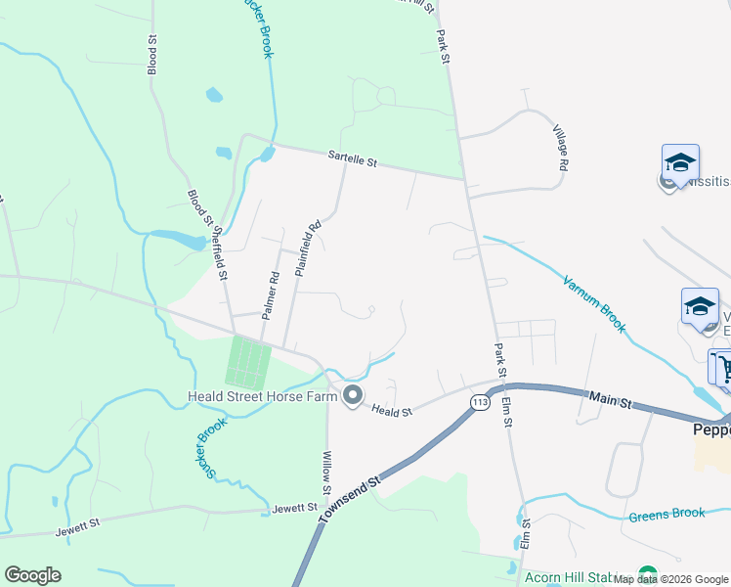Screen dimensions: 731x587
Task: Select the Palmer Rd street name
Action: pyautogui.click(x=273, y=292)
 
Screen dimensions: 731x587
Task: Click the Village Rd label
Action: pyautogui.click(x=559, y=149)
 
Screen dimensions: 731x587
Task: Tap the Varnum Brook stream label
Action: pyautogui.click(x=594, y=304)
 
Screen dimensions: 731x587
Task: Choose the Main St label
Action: pyautogui.click(x=613, y=397)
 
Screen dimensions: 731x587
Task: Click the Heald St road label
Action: pyautogui.click(x=393, y=413)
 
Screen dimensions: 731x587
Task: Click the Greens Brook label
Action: pyautogui.click(x=667, y=516)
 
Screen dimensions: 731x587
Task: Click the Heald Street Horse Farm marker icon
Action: pyautogui.click(x=353, y=396)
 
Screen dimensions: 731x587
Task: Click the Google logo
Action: pyautogui.click(x=32, y=575)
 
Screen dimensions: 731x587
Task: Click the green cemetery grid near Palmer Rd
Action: pyautogui.click(x=247, y=361)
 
